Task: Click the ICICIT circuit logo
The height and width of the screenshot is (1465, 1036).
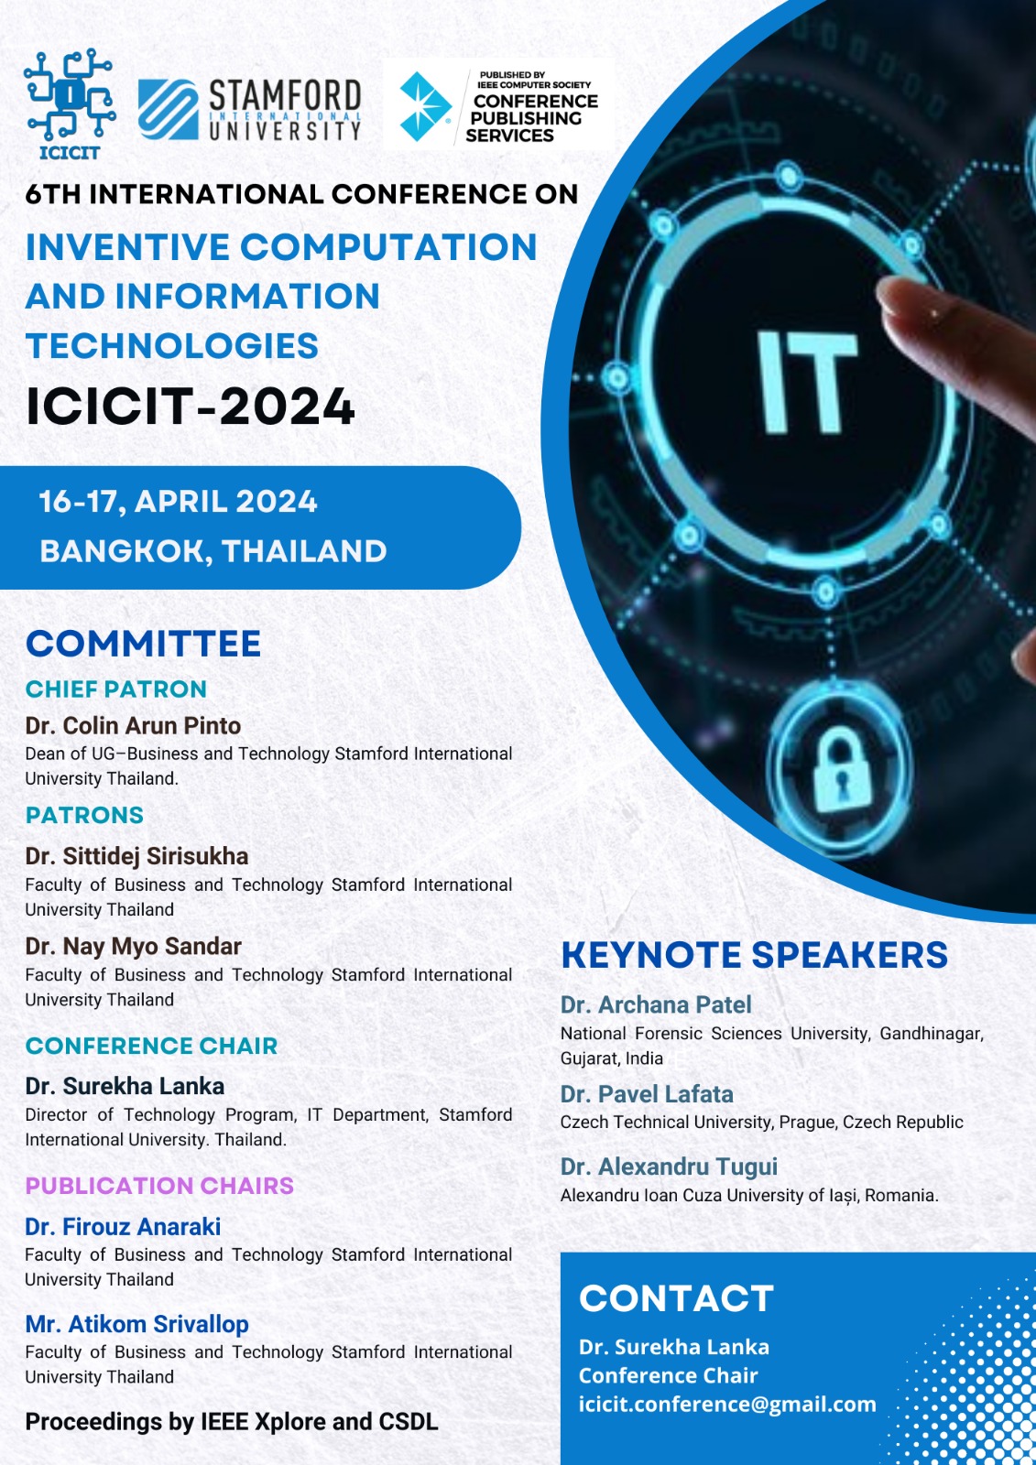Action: (69, 103)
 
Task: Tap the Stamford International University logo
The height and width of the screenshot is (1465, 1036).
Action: (249, 110)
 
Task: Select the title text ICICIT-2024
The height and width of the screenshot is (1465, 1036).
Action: (190, 407)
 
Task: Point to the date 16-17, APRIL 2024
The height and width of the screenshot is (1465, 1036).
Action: (178, 502)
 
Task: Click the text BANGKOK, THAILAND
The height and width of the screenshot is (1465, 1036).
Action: (213, 551)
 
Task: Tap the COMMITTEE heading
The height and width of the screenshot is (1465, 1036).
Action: (143, 644)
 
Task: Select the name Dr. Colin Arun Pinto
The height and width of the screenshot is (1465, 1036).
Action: (133, 726)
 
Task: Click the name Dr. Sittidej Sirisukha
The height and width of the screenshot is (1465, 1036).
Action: (136, 856)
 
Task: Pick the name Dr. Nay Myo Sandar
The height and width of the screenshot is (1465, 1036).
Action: (133, 947)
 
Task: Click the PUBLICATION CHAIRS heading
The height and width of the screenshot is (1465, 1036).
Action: (159, 1186)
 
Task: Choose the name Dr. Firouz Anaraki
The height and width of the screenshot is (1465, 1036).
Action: (123, 1227)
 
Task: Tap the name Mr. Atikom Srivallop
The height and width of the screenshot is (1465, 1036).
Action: (136, 1324)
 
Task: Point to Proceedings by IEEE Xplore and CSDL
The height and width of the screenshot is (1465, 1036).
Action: (231, 1422)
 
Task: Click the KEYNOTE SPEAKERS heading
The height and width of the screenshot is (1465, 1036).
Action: (754, 955)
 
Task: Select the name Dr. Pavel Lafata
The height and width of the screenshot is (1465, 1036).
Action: (647, 1094)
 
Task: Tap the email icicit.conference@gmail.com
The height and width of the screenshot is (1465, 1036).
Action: (726, 1405)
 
